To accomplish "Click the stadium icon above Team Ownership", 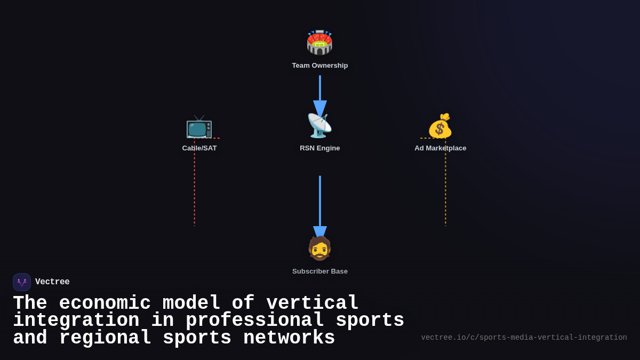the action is point(319,43).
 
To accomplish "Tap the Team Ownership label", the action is point(319,66).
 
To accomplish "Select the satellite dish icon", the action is point(319,126).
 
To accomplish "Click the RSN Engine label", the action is point(319,148).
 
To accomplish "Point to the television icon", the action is point(199,126).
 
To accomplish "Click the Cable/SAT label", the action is point(199,148).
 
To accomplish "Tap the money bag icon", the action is point(440,126).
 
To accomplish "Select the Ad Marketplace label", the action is point(440,148).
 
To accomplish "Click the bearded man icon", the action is point(319,249).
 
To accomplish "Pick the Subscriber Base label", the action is point(319,271).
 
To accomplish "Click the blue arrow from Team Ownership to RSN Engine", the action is point(320,93).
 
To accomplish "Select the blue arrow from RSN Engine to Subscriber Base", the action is point(320,203).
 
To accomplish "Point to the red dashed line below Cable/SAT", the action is point(195,187).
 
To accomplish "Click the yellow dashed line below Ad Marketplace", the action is point(446,187).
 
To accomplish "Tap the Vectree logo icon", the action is point(22,282).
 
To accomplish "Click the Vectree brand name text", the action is point(52,282).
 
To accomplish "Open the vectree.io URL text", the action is point(524,338).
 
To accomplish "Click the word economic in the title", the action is point(105,303).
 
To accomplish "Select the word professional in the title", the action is point(255,321).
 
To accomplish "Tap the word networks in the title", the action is point(289,338).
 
